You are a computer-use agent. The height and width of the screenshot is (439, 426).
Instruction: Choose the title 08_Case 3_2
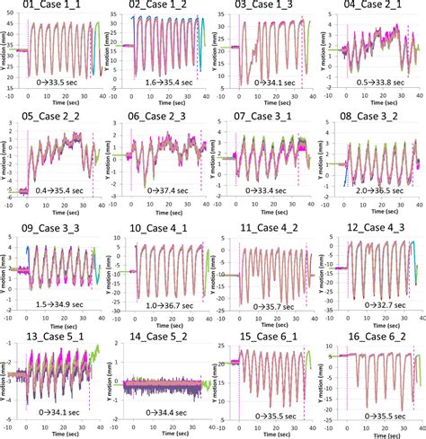point(369,117)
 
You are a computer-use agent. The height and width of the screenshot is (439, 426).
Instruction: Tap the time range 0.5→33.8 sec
point(377,81)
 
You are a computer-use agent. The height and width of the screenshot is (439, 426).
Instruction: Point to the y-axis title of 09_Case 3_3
point(4,269)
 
